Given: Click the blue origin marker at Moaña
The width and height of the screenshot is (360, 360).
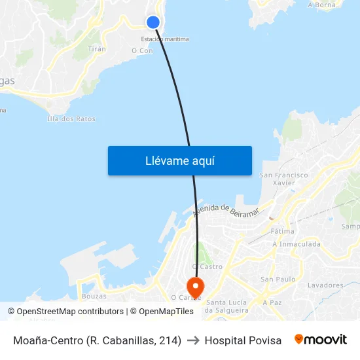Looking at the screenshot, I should pyautogui.click(x=153, y=22).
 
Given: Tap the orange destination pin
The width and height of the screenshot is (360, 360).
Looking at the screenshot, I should pyautogui.click(x=195, y=286).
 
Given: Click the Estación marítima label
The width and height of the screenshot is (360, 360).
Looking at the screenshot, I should pyautogui.click(x=165, y=39).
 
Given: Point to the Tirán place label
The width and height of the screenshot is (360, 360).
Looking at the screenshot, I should pyautogui.click(x=97, y=49).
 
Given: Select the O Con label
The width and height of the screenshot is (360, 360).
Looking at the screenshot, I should pyautogui.click(x=142, y=50).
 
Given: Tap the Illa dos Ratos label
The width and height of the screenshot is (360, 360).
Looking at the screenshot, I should pyautogui.click(x=71, y=118).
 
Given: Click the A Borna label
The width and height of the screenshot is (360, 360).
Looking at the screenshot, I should pyautogui.click(x=321, y=5).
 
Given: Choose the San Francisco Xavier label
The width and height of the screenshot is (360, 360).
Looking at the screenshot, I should pyautogui.click(x=284, y=179).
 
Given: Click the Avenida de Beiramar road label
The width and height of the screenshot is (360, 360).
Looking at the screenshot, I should pyautogui.click(x=226, y=211).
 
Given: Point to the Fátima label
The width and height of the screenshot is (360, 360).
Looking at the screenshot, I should pyautogui.click(x=282, y=231).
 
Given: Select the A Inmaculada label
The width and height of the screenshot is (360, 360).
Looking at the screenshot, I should pyautogui.click(x=297, y=244).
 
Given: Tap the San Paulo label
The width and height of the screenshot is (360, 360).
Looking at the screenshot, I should pyautogui.click(x=278, y=279).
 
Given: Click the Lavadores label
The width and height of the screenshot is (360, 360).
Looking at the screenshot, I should pyautogui.click(x=325, y=285).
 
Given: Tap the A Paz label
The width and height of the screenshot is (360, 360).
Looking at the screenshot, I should pyautogui.click(x=272, y=303).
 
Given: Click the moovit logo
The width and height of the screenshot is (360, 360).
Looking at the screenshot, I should pyautogui.click(x=321, y=340).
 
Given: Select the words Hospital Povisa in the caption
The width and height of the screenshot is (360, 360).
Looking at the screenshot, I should pyautogui.click(x=243, y=340).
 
